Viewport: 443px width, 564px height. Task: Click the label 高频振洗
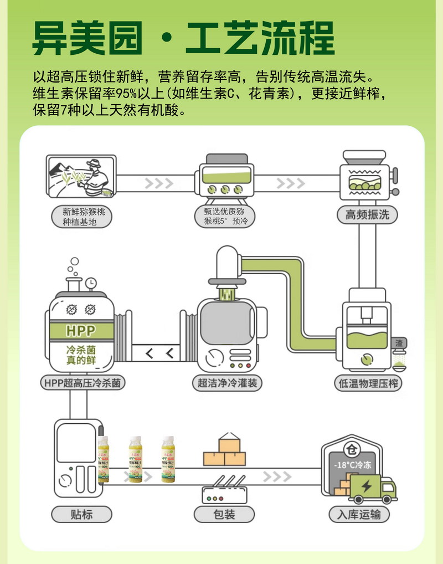[367, 215]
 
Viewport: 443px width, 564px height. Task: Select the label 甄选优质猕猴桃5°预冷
[224, 217]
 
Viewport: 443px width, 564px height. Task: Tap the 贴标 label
[81, 514]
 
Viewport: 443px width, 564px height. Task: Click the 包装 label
[224, 514]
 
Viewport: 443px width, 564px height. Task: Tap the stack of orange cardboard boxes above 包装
[225, 452]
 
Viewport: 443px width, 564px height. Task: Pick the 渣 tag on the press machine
[399, 343]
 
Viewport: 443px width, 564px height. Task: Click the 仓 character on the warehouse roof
[351, 449]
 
